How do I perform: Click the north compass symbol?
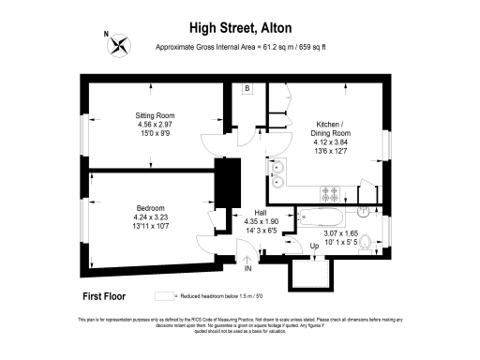tap(119, 44)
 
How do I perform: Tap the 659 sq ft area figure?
tap(313, 47)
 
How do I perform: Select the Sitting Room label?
tap(155, 116)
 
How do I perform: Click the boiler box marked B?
tap(247, 89)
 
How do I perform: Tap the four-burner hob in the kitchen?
tap(330, 193)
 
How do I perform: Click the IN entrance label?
tap(248, 269)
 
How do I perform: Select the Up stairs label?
tap(315, 246)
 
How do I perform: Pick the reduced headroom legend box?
tap(173, 295)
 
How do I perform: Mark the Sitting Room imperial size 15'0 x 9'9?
tap(155, 133)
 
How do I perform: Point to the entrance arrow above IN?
tap(248, 258)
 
